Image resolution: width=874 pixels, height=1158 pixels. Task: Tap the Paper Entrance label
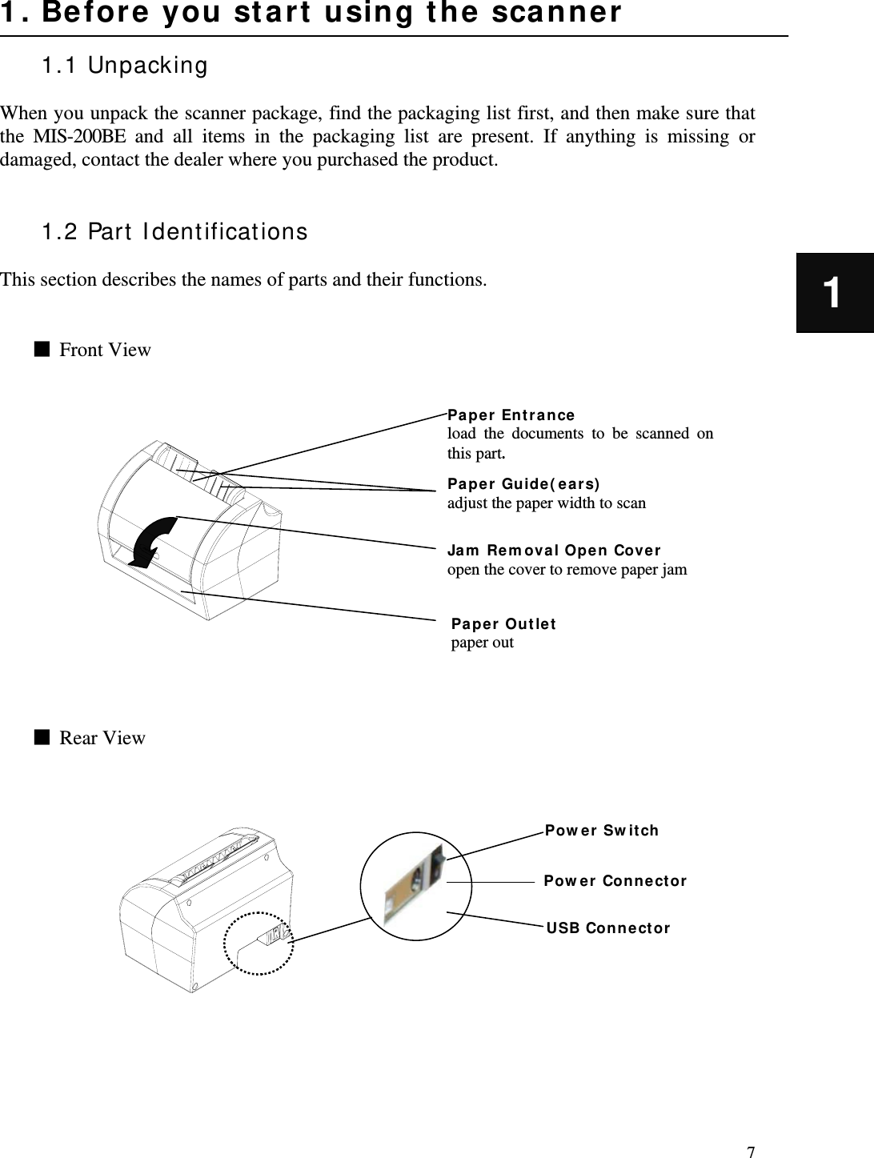click(x=511, y=415)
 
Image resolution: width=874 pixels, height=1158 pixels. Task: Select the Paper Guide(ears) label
click(x=523, y=484)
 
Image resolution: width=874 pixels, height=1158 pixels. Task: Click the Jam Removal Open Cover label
click(x=554, y=551)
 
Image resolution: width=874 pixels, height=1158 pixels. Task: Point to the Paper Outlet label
click(x=503, y=624)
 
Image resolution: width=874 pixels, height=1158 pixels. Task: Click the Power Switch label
click(x=602, y=831)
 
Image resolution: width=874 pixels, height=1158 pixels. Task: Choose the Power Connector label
click(x=615, y=881)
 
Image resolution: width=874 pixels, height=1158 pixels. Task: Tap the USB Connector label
click(x=608, y=928)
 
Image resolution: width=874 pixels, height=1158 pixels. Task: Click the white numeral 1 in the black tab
click(x=833, y=293)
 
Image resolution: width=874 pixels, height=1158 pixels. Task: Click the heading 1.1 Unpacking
click(x=124, y=66)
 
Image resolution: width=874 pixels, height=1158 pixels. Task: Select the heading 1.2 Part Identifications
click(x=174, y=232)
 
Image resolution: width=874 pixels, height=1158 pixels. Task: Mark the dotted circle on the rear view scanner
click(x=259, y=944)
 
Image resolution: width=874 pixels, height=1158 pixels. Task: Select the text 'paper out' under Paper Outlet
click(x=483, y=643)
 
